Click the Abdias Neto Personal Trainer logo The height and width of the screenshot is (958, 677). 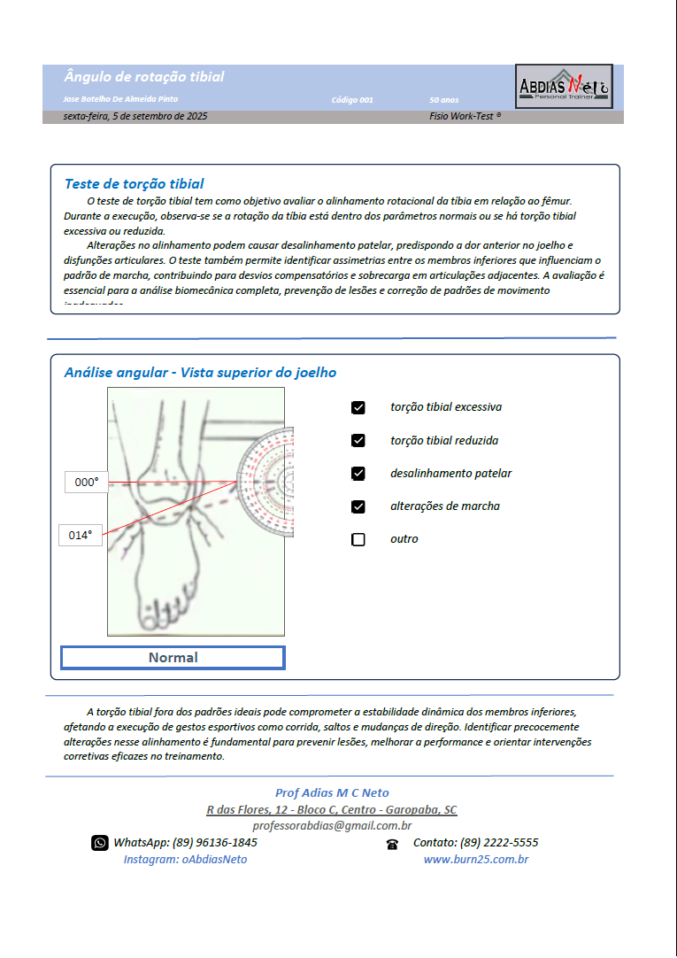pyautogui.click(x=564, y=86)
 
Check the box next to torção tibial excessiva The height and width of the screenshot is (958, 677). pyautogui.click(x=358, y=408)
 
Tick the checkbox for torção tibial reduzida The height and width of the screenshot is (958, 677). pyautogui.click(x=358, y=441)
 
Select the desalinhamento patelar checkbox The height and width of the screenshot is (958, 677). pyautogui.click(x=358, y=474)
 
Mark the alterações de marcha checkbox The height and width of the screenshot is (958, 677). pyautogui.click(x=358, y=506)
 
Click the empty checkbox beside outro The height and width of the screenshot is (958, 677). pyautogui.click(x=358, y=539)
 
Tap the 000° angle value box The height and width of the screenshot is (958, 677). pyautogui.click(x=87, y=483)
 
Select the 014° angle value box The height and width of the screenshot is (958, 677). pyautogui.click(x=81, y=535)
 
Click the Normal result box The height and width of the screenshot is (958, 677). pyautogui.click(x=173, y=658)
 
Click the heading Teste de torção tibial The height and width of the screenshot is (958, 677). pyautogui.click(x=134, y=184)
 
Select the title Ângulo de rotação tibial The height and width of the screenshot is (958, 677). pyautogui.click(x=144, y=77)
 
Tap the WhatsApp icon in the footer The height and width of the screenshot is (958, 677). pyautogui.click(x=100, y=843)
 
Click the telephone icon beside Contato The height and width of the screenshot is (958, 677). pyautogui.click(x=392, y=844)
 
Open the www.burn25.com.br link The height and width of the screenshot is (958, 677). pyautogui.click(x=476, y=860)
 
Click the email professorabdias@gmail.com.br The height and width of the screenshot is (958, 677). pyautogui.click(x=332, y=826)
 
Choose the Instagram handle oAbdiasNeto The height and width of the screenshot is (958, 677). pyautogui.click(x=185, y=860)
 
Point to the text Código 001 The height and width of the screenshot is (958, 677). pyautogui.click(x=352, y=100)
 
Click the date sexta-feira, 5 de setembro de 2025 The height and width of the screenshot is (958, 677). pyautogui.click(x=135, y=116)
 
